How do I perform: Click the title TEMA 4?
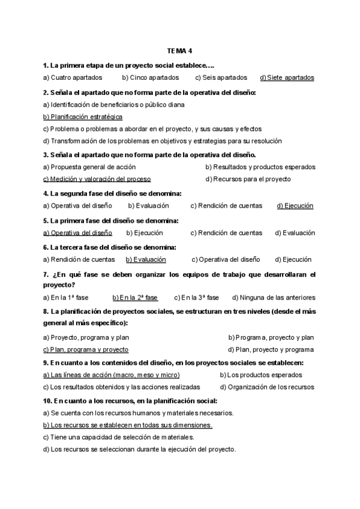(x=179, y=52)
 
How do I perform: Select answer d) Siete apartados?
(x=287, y=77)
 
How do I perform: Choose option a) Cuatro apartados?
(x=73, y=77)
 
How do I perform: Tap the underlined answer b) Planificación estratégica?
(x=83, y=116)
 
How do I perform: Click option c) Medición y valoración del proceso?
(x=97, y=179)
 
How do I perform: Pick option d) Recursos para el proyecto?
(x=248, y=179)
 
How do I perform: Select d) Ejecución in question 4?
(x=295, y=206)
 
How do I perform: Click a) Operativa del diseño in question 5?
(x=77, y=233)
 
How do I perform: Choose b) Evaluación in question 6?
(x=146, y=259)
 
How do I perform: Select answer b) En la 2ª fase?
(x=135, y=297)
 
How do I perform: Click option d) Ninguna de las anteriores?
(x=273, y=297)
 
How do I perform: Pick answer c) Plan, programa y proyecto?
(x=85, y=349)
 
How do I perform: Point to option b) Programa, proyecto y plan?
(x=271, y=337)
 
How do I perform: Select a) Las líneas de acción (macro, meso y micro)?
(x=103, y=375)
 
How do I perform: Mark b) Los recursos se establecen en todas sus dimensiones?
(x=128, y=425)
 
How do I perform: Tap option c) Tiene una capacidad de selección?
(x=118, y=437)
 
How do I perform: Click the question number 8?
(x=46, y=312)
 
